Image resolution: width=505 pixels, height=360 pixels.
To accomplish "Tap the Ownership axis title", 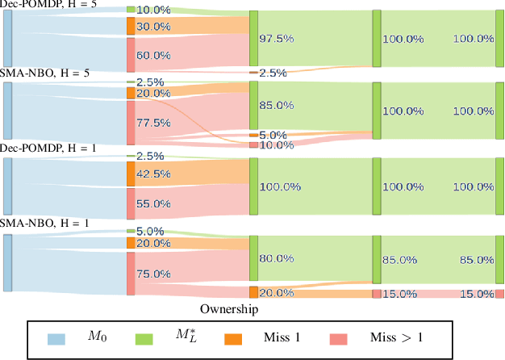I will point(230,309).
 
